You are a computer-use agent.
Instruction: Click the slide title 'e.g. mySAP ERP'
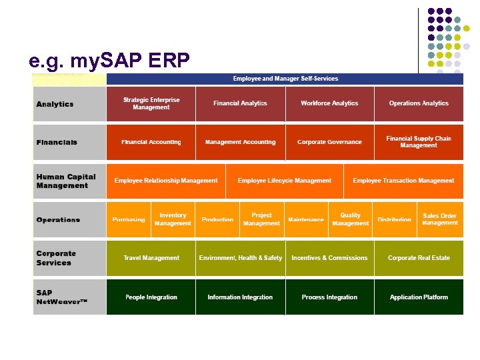(109, 61)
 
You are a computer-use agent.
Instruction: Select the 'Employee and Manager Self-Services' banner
(285, 79)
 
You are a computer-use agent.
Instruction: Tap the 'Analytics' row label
(55, 104)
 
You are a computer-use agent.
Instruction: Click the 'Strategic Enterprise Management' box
(151, 103)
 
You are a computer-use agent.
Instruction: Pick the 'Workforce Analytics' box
(329, 103)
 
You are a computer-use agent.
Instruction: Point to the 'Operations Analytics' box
(419, 103)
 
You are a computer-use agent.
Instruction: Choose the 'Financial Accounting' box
(151, 142)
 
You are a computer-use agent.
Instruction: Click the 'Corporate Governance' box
(329, 142)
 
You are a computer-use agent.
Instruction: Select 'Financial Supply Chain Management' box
(419, 142)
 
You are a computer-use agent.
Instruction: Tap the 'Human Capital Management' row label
(66, 181)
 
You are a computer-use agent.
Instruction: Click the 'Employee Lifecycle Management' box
(284, 181)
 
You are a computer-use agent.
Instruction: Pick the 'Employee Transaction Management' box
(403, 181)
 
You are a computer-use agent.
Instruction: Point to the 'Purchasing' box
(129, 219)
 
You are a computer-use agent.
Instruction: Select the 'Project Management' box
(261, 219)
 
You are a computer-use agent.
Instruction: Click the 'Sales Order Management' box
(440, 219)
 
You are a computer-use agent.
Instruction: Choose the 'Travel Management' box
(151, 258)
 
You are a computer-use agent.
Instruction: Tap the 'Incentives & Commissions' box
(329, 258)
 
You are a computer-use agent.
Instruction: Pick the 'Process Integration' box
(329, 297)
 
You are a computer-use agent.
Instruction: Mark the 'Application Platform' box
(419, 297)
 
